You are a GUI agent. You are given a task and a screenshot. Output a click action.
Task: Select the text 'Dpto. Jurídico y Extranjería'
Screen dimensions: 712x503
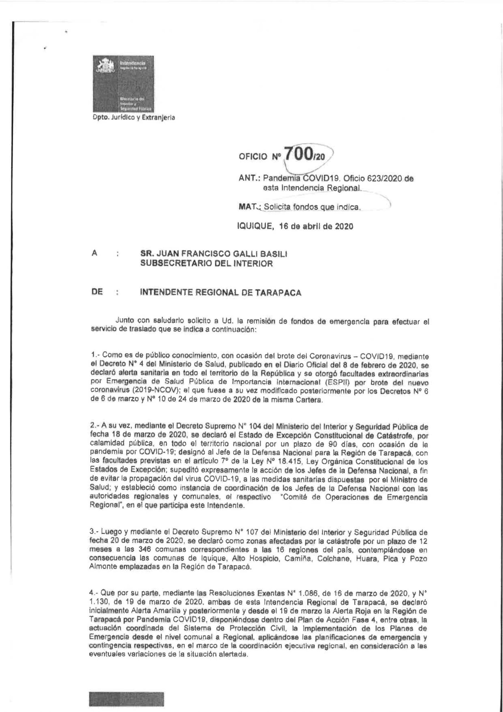134,118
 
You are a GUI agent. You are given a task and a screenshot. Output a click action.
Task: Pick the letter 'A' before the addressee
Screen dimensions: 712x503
94,253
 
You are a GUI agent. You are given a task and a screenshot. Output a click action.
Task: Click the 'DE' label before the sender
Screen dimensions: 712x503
97,292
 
